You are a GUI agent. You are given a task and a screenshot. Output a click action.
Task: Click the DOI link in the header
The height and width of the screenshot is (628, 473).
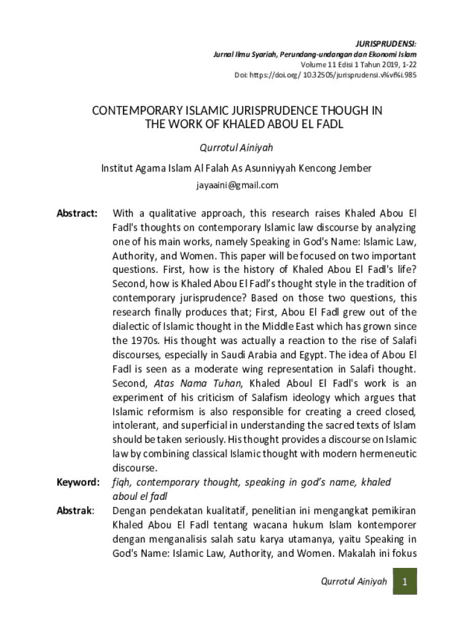coord(326,74)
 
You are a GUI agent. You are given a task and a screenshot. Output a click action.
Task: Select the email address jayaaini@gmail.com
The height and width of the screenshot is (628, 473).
coord(237,185)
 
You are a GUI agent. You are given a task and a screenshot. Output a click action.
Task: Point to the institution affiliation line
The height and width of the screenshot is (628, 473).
coord(237,167)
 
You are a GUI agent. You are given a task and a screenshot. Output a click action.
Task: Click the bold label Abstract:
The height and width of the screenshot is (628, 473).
coord(77,213)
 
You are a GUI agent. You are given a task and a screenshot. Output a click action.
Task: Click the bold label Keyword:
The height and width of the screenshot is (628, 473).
coord(78,483)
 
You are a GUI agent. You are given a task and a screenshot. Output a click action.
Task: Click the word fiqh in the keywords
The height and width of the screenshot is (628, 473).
coord(121,483)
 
